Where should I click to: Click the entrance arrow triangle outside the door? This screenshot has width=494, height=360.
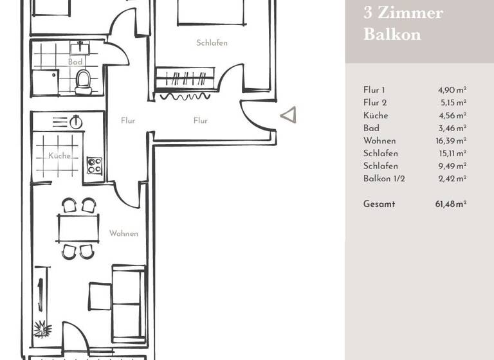coord(289,115)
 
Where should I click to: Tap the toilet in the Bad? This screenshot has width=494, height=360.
coord(83,82)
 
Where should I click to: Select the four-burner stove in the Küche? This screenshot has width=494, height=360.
coord(94,165)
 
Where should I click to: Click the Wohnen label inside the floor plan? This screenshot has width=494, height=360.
coord(123,233)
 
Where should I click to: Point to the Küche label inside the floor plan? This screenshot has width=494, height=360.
coord(59,156)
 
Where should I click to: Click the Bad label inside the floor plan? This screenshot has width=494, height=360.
coord(75,62)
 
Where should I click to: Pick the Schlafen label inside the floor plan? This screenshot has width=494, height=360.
coord(212,43)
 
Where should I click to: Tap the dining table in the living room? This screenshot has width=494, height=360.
coord(78,228)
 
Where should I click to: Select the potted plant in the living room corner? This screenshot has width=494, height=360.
coord(42,329)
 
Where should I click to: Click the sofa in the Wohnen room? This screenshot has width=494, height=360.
coord(127,302)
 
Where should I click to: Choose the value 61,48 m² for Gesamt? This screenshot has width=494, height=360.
coord(450,204)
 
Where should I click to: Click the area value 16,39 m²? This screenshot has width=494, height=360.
coord(452,141)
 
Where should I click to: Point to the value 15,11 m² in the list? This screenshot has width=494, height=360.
coord(452,154)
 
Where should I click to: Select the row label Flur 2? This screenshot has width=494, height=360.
coord(376,103)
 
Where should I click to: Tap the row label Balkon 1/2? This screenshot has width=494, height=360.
coord(384,179)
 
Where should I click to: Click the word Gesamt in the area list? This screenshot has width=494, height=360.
coord(379,204)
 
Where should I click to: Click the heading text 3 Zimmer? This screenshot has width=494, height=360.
coord(403,14)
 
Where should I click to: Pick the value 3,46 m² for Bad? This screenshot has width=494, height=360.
coord(453,128)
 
